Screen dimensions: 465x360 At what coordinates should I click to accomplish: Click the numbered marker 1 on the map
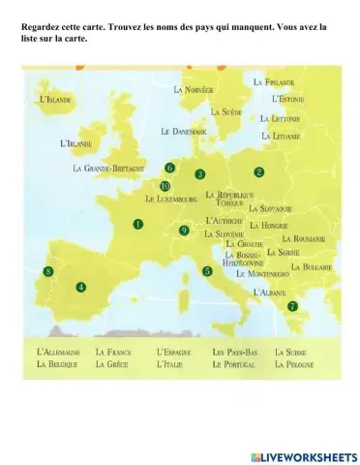click(138, 224)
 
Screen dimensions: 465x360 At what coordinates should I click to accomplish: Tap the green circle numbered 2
click(259, 171)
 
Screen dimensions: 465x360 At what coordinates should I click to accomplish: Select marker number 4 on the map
click(81, 287)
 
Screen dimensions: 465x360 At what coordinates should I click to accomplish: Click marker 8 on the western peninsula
click(48, 273)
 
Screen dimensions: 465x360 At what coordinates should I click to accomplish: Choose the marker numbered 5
click(207, 272)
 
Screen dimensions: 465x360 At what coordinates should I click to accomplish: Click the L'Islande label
click(54, 100)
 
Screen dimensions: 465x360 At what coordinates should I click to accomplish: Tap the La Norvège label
click(194, 89)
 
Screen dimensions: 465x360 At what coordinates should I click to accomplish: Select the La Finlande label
click(274, 82)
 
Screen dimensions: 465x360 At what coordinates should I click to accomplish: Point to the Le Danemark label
click(184, 131)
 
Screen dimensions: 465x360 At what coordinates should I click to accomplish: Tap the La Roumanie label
click(303, 238)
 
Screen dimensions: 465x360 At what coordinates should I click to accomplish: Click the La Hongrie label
click(268, 225)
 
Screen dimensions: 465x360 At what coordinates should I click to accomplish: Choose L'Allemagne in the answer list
click(57, 352)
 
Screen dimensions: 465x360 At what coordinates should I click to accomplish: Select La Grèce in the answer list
click(112, 364)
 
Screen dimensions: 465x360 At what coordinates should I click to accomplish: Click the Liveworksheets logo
click(302, 456)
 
